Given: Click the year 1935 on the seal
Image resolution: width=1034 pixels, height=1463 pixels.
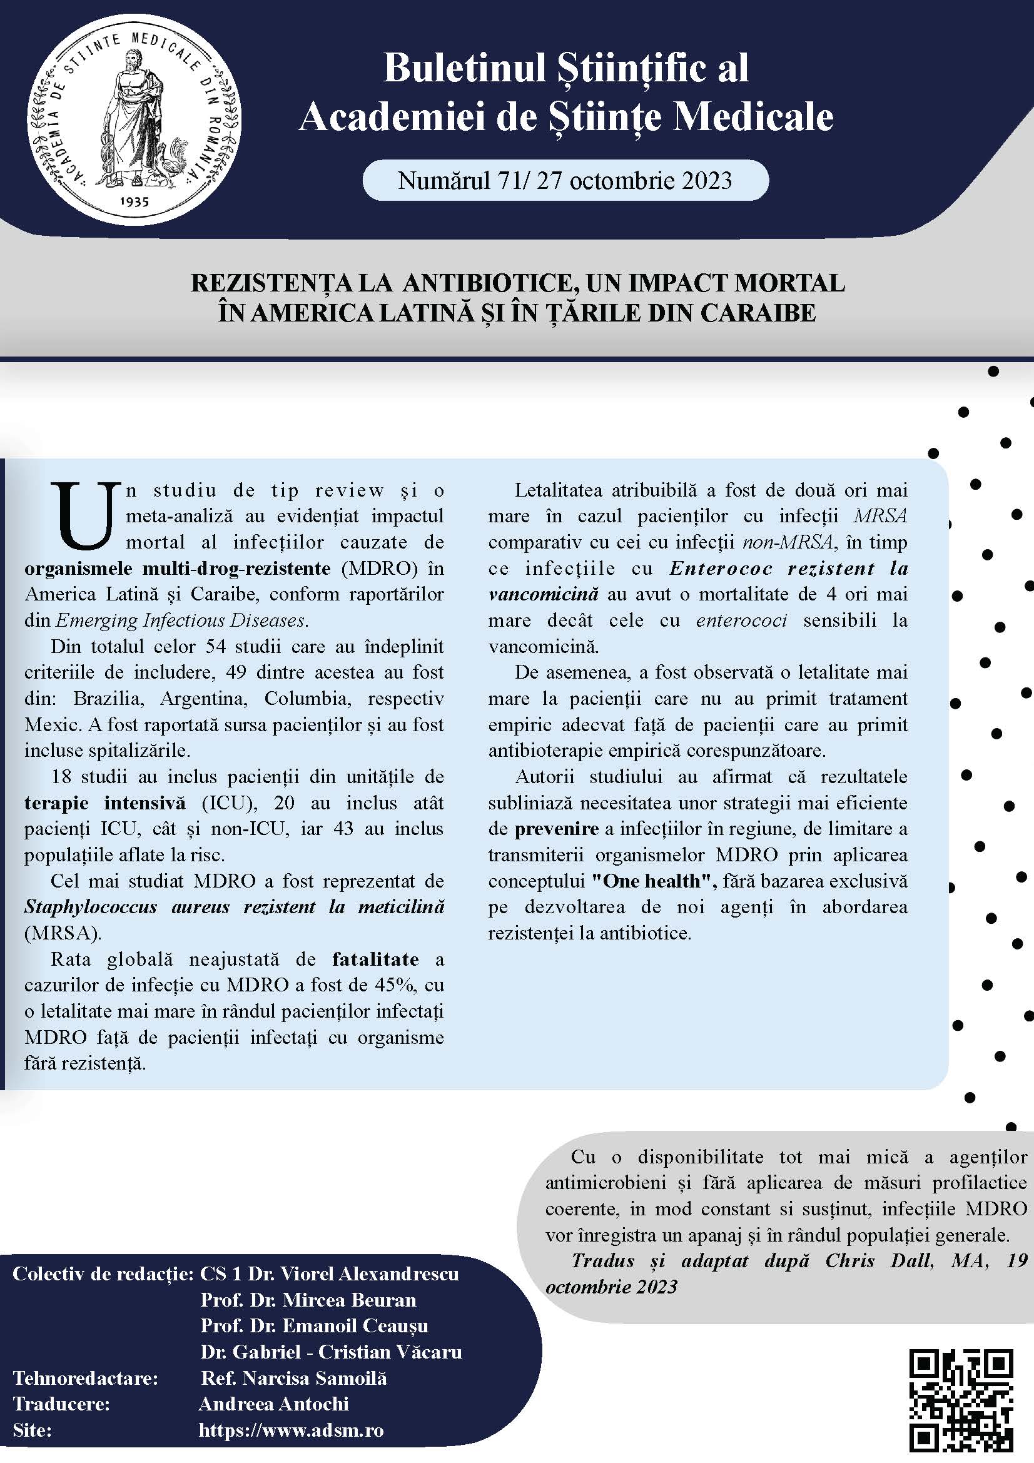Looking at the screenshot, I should [x=134, y=201].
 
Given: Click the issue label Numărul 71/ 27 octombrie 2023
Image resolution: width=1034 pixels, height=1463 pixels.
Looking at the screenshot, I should [x=565, y=180].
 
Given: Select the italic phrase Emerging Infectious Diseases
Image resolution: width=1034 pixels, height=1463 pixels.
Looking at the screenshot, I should [x=181, y=620].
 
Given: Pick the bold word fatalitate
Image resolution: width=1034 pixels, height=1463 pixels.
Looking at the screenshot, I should [x=375, y=958].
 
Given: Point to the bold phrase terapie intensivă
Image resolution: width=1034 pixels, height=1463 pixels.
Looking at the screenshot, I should [x=105, y=802].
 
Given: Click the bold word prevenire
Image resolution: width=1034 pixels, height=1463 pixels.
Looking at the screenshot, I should [x=556, y=828].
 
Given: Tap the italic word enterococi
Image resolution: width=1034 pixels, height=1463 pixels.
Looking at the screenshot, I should [x=741, y=620].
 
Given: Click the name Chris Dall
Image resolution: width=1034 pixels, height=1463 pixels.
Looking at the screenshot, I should [x=879, y=1260].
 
